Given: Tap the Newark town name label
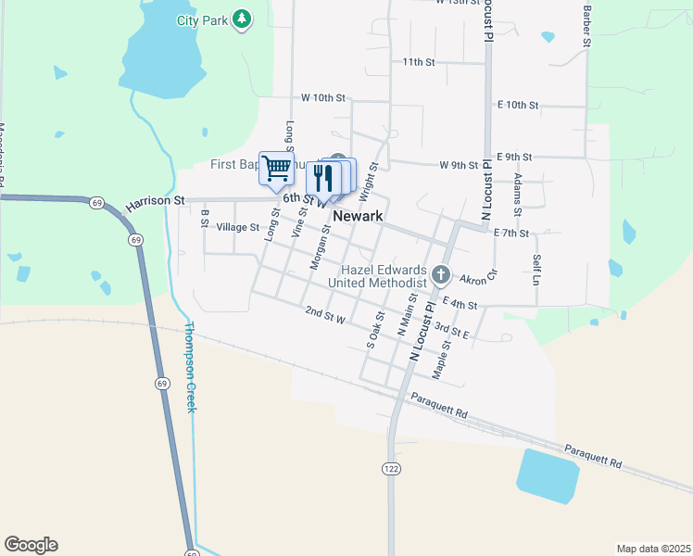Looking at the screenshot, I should pos(358,215).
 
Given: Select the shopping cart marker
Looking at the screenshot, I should pos(276,169).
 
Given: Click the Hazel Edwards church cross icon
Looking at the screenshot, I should pos(441,274).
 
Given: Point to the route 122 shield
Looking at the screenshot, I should pos(391,470).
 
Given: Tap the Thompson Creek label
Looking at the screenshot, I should pos(190,367).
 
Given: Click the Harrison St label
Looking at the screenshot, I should pos(156,199).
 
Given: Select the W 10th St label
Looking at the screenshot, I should pos(322,97).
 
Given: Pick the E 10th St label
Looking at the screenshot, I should pos(517,105).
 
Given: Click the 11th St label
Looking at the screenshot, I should pos(419,62).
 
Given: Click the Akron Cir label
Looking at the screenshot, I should pos(479,277).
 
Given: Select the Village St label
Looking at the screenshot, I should pos(238,227).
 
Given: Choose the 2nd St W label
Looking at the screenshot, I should pos(325,318).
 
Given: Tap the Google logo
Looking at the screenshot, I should pos(31,545).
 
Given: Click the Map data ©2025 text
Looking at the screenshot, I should pos(653,549).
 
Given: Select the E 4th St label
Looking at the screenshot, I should pos(460,303).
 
